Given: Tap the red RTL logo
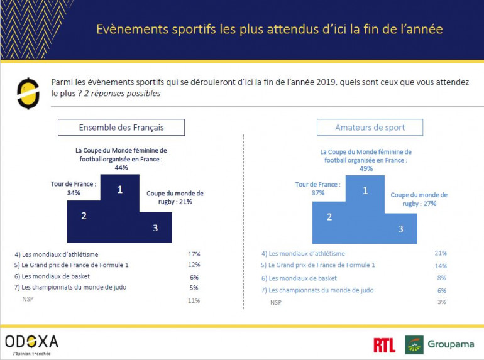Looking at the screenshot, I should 384,345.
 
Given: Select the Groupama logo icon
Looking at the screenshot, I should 414,344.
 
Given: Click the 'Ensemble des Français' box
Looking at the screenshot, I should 121,128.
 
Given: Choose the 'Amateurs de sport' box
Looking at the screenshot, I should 370,128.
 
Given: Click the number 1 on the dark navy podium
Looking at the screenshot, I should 119,189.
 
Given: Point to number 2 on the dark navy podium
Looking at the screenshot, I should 84,215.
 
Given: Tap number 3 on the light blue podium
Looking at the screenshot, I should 400,229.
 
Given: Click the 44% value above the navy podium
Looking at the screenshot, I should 121,168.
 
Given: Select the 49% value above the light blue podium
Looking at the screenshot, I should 366,168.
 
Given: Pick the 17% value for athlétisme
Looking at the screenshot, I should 194,254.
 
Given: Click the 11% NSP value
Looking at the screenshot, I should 194,300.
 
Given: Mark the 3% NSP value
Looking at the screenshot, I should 441,302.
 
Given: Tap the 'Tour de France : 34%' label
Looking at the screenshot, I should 72,188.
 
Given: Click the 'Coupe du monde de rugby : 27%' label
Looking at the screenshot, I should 419,199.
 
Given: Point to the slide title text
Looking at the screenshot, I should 269,30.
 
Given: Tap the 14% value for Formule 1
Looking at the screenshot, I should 440,266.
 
